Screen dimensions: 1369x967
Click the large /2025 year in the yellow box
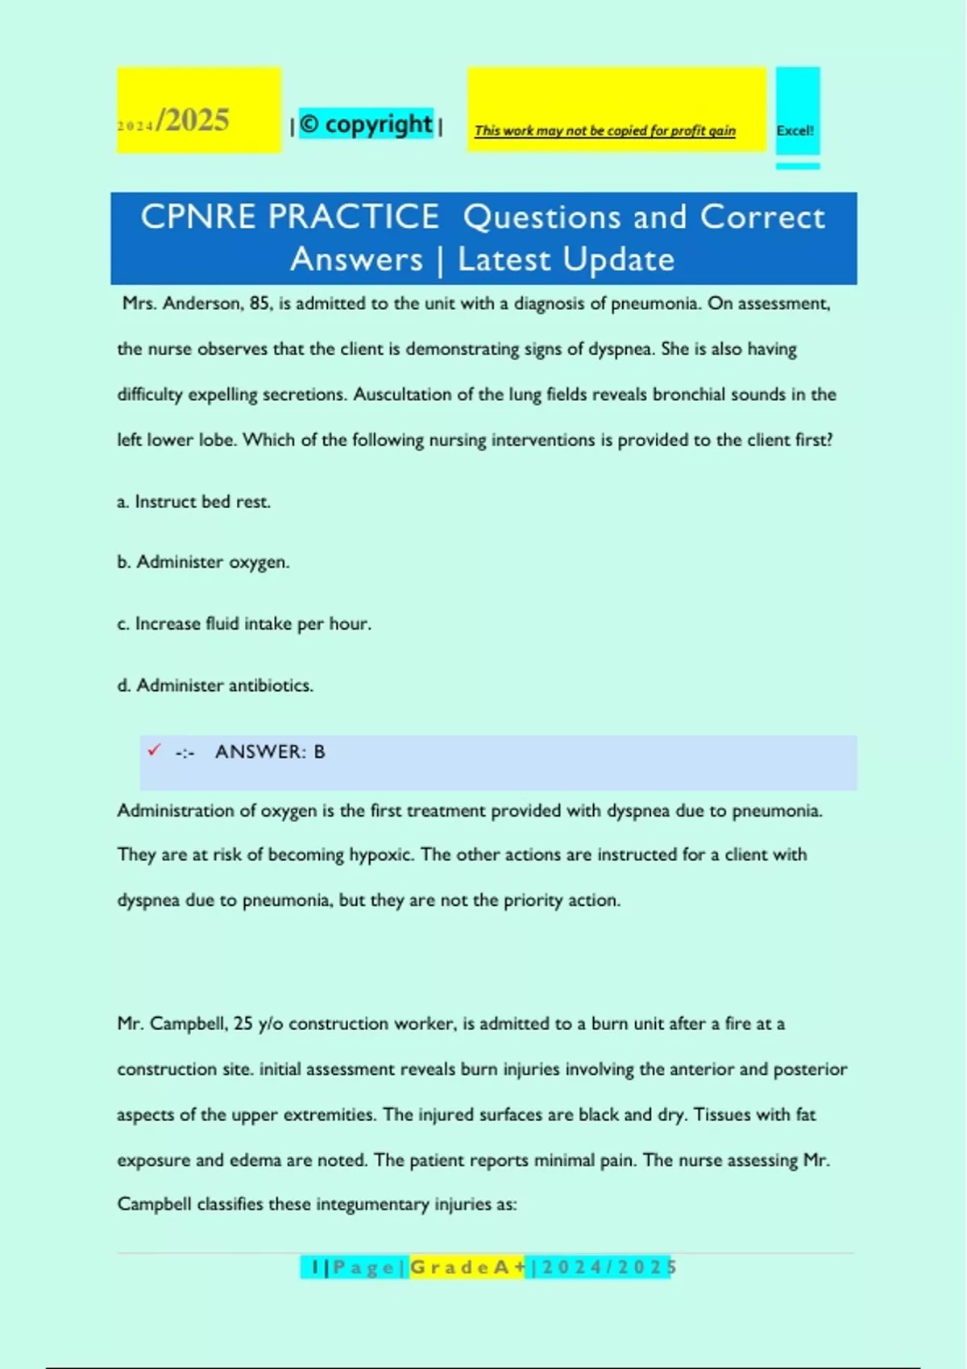[193, 121]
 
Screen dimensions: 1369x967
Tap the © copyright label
[367, 124]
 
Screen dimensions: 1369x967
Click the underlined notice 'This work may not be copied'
[604, 130]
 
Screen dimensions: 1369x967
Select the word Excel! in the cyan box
[795, 130]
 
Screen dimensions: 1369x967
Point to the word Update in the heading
[618, 259]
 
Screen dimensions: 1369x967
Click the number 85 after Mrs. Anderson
[260, 304]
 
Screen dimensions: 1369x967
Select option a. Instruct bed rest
[194, 502]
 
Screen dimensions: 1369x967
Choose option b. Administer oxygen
[203, 562]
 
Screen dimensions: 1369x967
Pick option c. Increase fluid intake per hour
[244, 624]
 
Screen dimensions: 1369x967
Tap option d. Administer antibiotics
[215, 685]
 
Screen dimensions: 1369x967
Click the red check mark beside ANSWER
[154, 751]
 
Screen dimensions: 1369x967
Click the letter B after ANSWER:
[319, 752]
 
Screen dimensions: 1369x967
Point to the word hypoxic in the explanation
[380, 855]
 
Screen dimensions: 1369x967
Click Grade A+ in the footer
[467, 1268]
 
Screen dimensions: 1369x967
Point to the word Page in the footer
[363, 1268]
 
